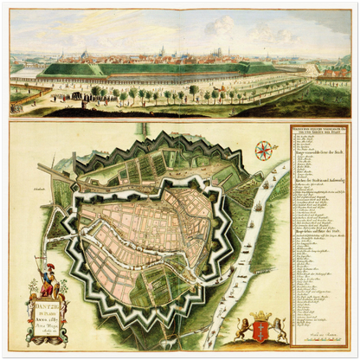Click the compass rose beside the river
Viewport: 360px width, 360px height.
tap(264, 151)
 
